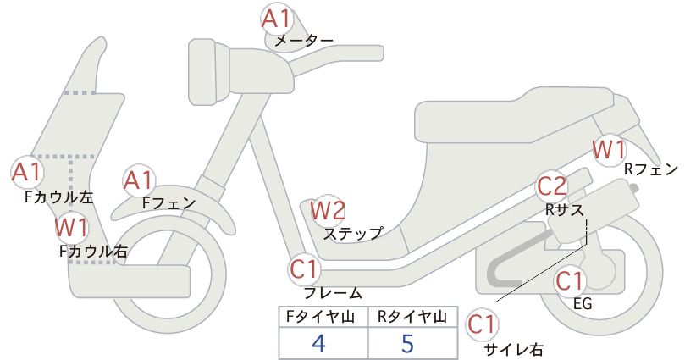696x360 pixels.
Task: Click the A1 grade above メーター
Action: [x=276, y=19]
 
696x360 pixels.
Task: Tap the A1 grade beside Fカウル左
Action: [x=26, y=172]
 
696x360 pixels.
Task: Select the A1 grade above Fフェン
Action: [x=138, y=181]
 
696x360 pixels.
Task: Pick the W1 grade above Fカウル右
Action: [x=71, y=228]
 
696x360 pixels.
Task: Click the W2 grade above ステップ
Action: [x=328, y=210]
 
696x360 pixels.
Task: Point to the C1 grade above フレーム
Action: [x=305, y=269]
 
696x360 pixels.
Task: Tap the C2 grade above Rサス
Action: [x=552, y=186]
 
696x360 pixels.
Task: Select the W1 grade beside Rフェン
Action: [x=610, y=150]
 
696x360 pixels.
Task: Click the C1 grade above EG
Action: [x=570, y=281]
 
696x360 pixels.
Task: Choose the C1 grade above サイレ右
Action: [x=482, y=324]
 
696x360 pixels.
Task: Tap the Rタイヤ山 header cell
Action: [x=413, y=317]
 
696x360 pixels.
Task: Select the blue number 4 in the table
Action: [x=318, y=343]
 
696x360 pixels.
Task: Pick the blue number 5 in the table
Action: [x=407, y=343]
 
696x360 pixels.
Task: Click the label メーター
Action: [x=304, y=42]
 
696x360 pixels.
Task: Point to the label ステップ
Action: [x=353, y=234]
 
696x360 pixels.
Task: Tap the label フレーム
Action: [x=333, y=293]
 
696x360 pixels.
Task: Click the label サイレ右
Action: [x=514, y=350]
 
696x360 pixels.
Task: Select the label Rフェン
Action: [x=651, y=169]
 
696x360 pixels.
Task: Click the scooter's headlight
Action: [x=208, y=72]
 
